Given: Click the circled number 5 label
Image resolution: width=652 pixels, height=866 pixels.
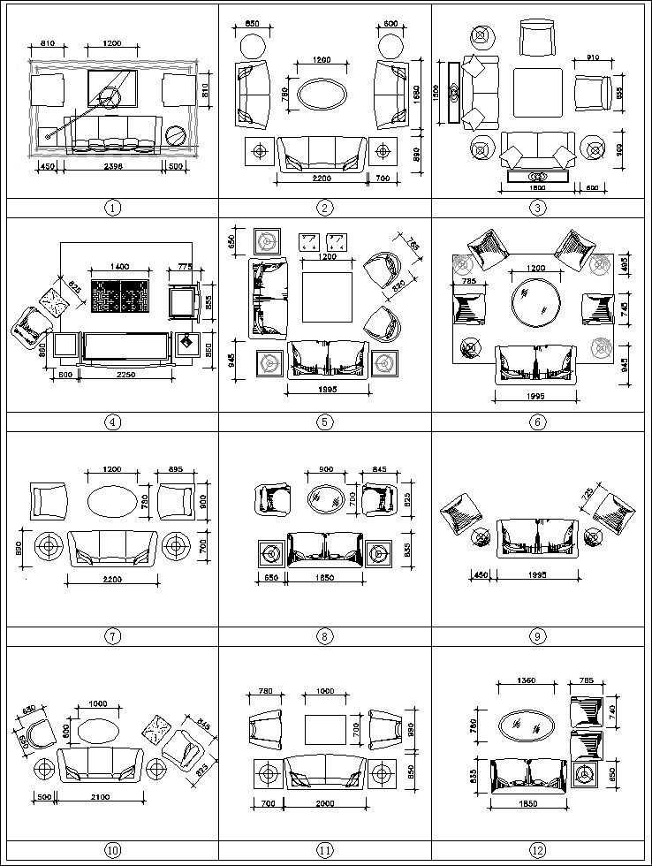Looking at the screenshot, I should pyautogui.click(x=325, y=422).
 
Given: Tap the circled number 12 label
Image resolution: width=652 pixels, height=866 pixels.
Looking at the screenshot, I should pyautogui.click(x=539, y=850).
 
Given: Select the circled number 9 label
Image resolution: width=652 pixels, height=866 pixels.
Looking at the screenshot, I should pyautogui.click(x=539, y=635).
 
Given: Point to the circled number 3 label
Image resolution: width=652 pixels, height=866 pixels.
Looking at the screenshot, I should pyautogui.click(x=539, y=209).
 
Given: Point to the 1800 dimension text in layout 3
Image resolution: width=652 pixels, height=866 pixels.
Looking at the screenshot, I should pyautogui.click(x=536, y=188).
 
